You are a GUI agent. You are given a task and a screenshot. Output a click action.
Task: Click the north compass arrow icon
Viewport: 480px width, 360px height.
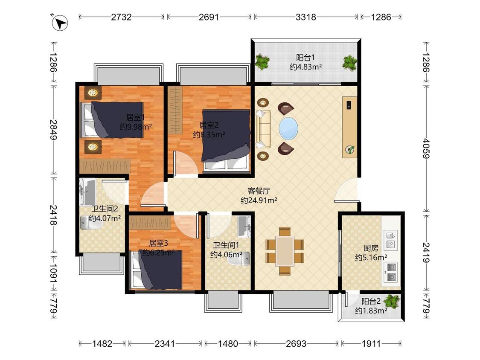[x=60, y=23]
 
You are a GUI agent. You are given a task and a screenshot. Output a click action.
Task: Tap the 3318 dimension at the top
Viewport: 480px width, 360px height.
[x=305, y=17]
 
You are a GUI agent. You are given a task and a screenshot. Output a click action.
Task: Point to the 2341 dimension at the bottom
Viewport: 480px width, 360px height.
[x=165, y=343]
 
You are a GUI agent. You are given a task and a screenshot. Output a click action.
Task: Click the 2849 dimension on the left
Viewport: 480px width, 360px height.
[x=54, y=130]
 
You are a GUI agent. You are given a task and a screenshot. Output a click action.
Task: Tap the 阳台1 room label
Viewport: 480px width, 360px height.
[x=305, y=57]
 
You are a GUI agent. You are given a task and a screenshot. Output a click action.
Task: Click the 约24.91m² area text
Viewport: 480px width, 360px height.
[x=259, y=200]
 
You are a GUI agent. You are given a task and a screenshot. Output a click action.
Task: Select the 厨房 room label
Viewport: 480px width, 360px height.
[x=371, y=248]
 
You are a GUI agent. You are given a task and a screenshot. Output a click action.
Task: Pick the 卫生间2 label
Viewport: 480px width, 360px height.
[x=105, y=209]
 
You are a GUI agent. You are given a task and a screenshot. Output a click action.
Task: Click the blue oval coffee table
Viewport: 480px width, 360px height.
[x=288, y=128]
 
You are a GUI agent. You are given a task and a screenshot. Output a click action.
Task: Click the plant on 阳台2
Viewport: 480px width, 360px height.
[x=392, y=301]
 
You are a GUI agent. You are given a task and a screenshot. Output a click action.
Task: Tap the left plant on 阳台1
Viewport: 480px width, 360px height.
[x=262, y=62]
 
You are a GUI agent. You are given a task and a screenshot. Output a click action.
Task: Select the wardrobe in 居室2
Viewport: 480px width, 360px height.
[x=175, y=110]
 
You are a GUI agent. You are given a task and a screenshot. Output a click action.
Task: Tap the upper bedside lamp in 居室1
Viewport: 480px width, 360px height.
[x=93, y=93]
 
